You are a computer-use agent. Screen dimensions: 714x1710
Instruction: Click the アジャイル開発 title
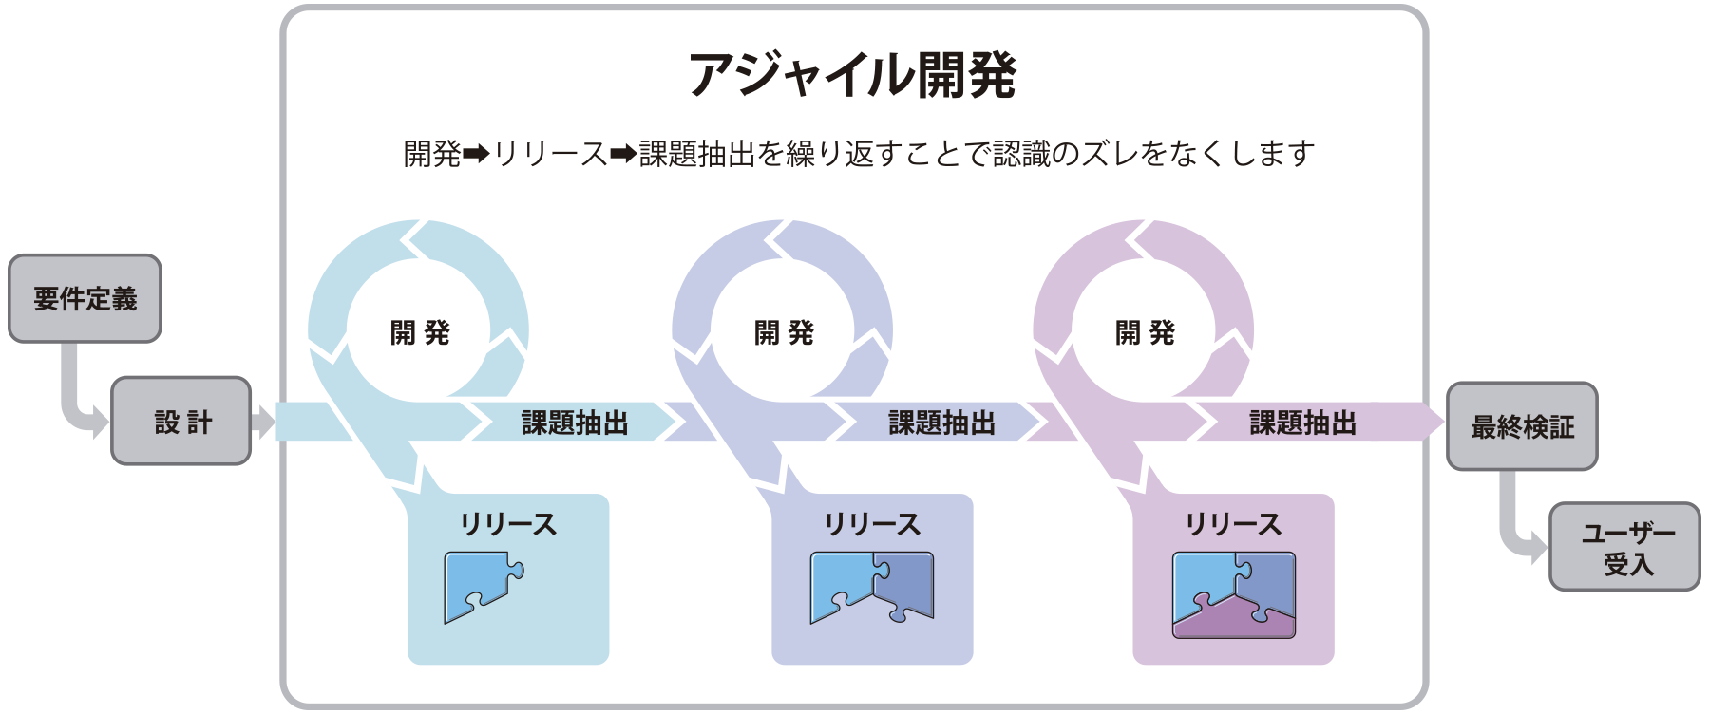point(852,75)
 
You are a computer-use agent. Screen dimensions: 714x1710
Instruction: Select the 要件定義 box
point(85,299)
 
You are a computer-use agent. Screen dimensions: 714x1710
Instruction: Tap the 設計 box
point(181,422)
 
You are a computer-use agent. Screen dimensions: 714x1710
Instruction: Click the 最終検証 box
point(1522,427)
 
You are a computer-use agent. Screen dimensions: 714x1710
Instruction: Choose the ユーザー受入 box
point(1625,548)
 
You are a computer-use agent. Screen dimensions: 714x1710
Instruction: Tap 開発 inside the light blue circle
point(420,333)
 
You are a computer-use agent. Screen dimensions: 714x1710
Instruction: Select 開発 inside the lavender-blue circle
point(784,333)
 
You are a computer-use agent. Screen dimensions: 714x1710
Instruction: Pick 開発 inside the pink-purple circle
point(1145,333)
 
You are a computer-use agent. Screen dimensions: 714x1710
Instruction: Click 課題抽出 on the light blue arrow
point(575,423)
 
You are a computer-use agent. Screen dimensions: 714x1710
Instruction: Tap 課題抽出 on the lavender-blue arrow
point(941,423)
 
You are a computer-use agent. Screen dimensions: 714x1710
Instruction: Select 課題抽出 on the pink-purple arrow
point(1302,423)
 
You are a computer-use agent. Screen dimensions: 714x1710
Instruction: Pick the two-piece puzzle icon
point(871,587)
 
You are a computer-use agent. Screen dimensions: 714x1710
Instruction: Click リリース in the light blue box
point(508,524)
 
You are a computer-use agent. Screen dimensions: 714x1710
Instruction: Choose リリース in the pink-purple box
point(1233,524)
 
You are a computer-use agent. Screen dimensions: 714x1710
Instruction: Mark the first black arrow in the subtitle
point(476,153)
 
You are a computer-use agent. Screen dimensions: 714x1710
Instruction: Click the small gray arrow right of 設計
point(263,422)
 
